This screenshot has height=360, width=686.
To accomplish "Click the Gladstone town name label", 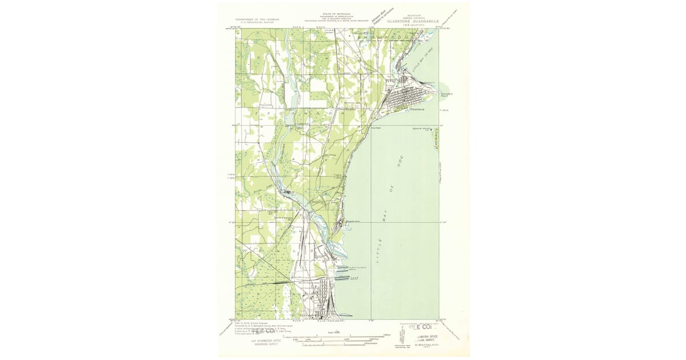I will [417, 109].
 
